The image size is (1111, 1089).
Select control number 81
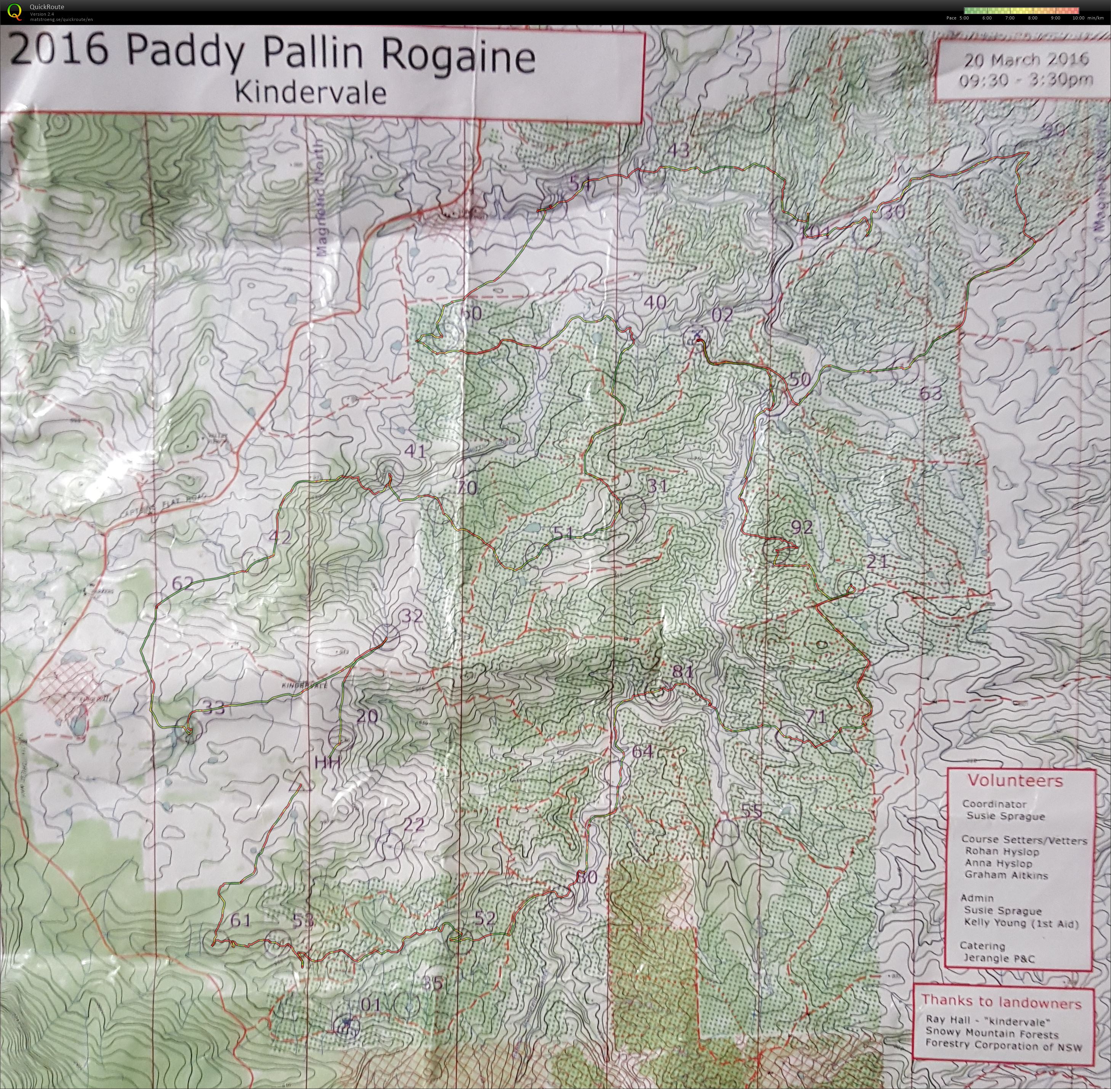tap(682, 672)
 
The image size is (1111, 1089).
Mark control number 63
tap(930, 393)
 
